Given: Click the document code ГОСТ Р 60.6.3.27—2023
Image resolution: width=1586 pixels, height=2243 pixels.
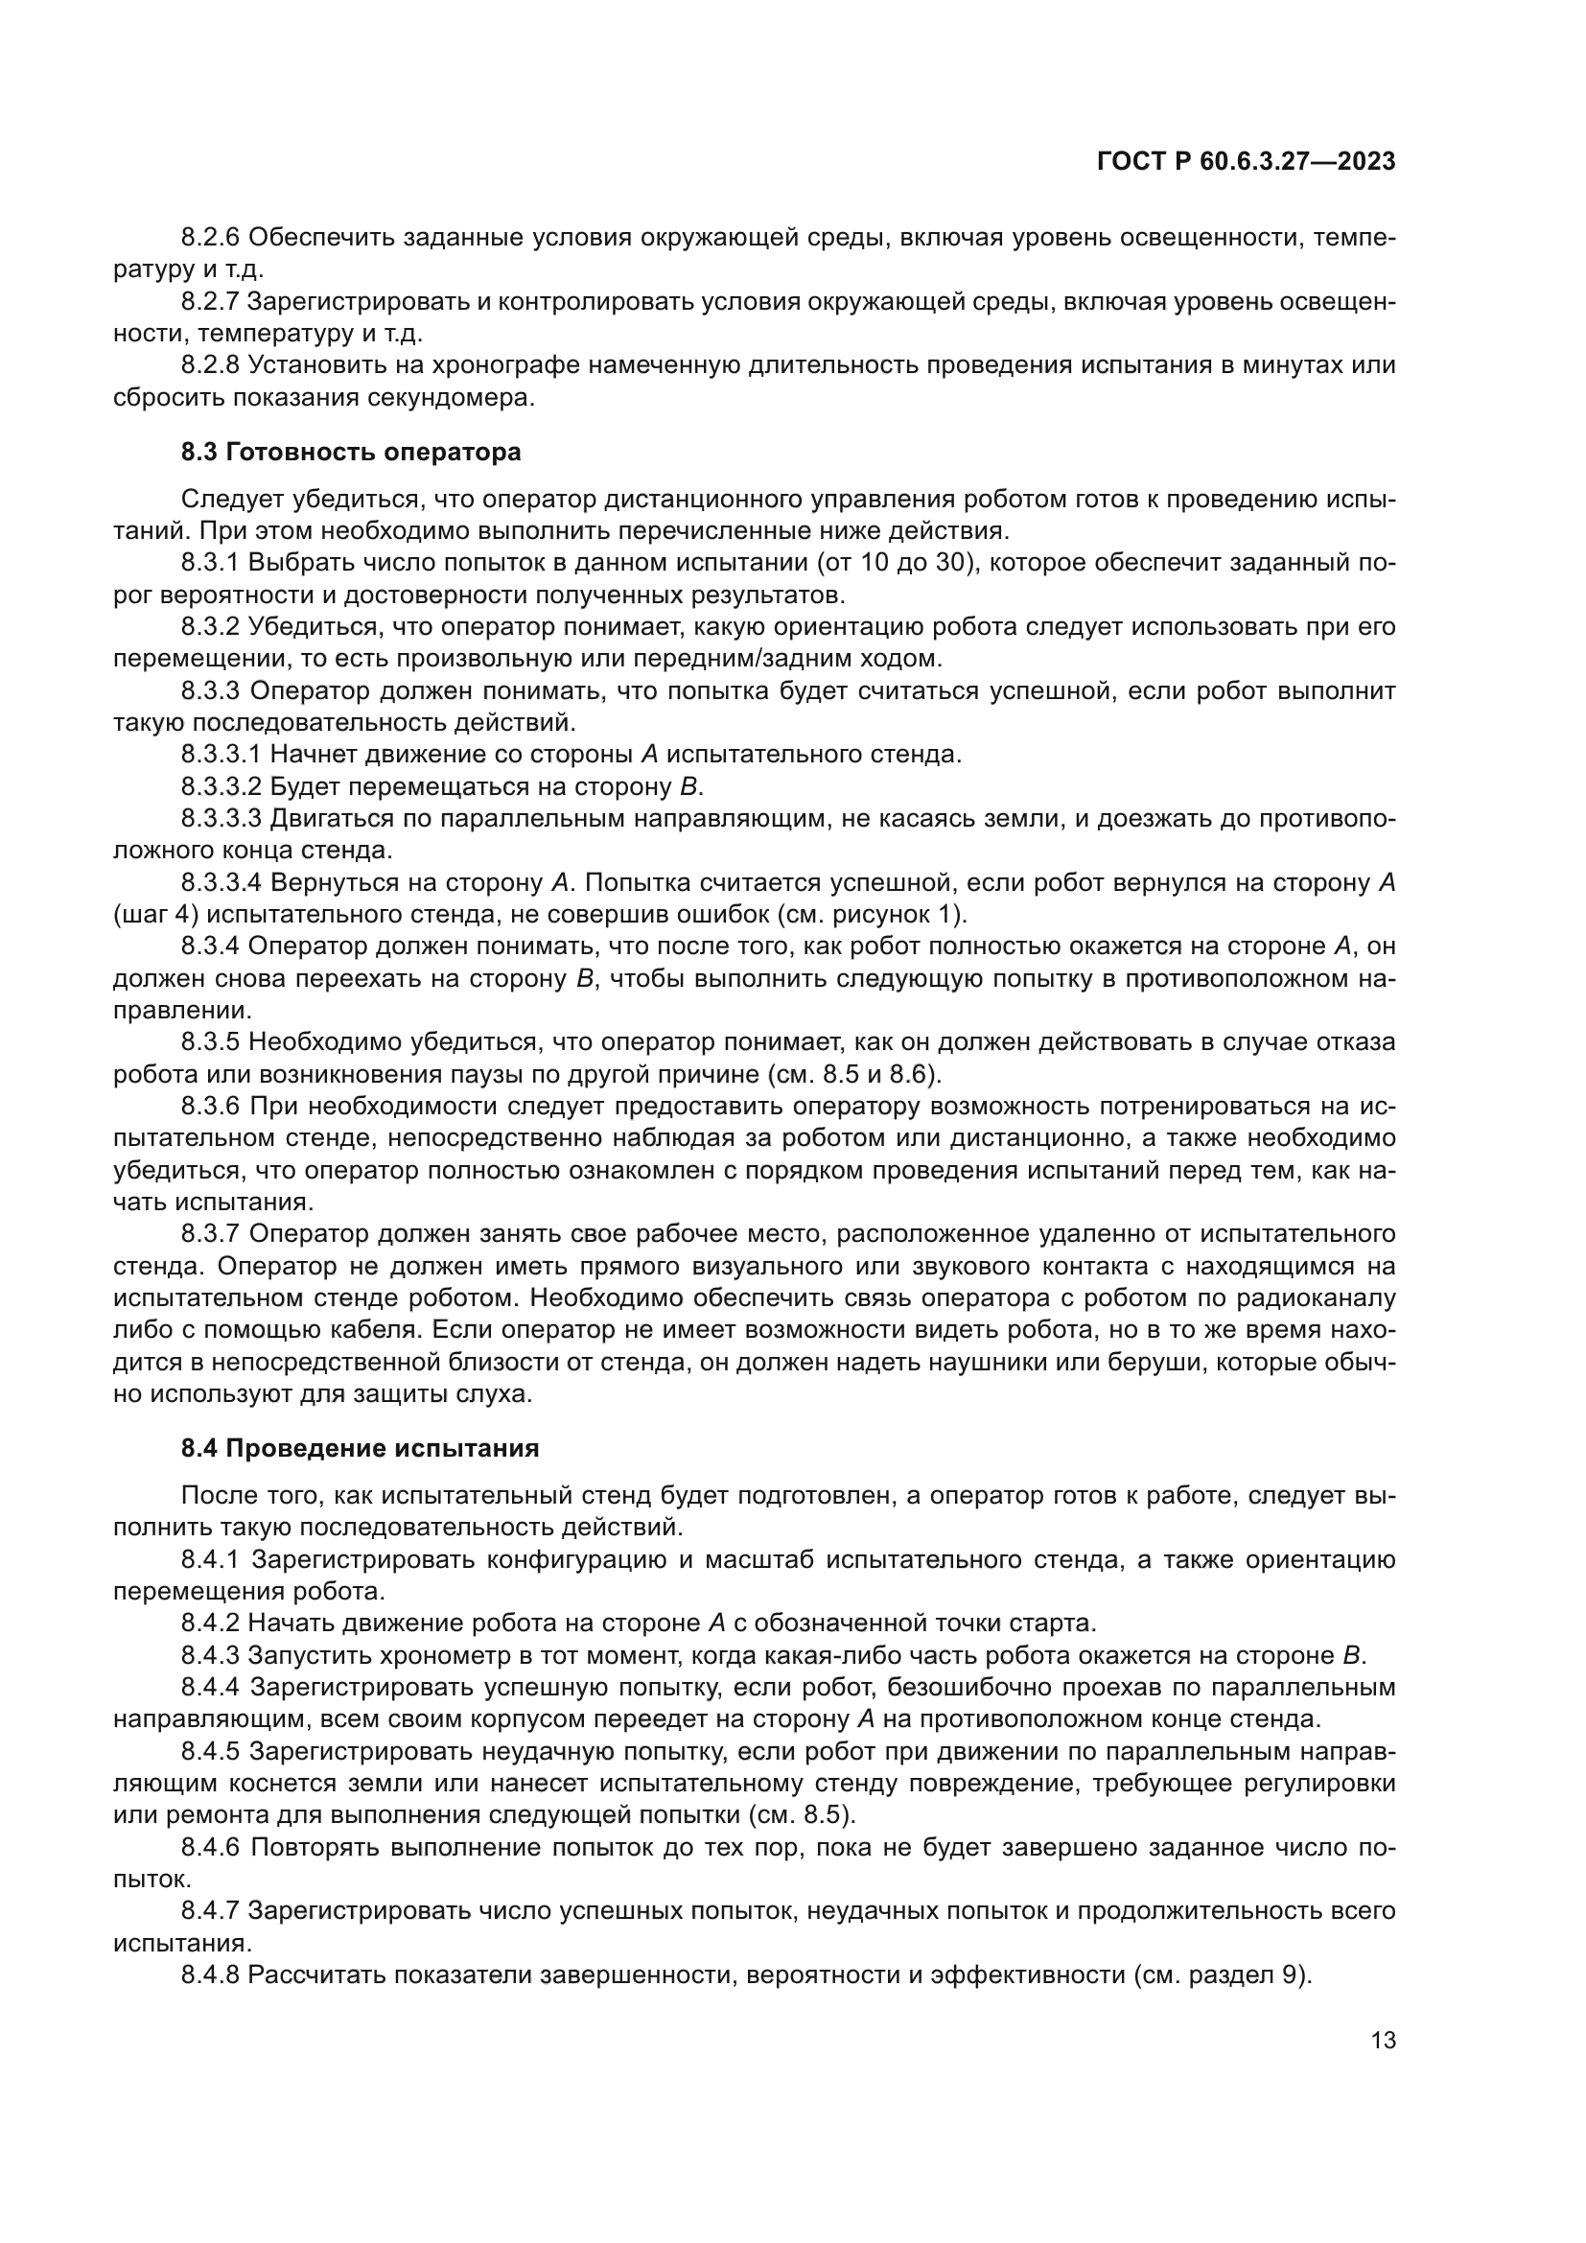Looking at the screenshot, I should point(1247,162).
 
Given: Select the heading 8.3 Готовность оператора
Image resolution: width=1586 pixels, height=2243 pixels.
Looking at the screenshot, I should point(351,453).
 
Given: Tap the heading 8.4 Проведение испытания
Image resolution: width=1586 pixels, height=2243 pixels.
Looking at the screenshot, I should point(360,1448).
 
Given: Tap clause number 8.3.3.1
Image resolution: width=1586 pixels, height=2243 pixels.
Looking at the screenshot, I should point(221,754).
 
